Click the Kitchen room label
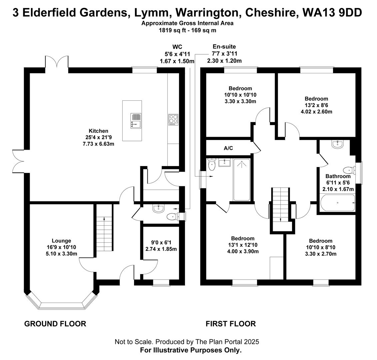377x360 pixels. coord(98,131)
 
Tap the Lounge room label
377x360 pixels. coord(61,241)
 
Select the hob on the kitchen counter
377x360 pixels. coord(173,120)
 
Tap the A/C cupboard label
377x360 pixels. coord(228,148)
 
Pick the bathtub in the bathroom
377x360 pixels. coord(337,203)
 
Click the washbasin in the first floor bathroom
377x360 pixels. coord(337,144)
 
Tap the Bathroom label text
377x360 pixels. coord(338,176)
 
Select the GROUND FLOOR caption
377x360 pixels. coord(55,324)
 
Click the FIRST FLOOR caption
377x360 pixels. coord(231,324)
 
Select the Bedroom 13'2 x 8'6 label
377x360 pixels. coord(316,99)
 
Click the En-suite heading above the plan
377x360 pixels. coord(224,47)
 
